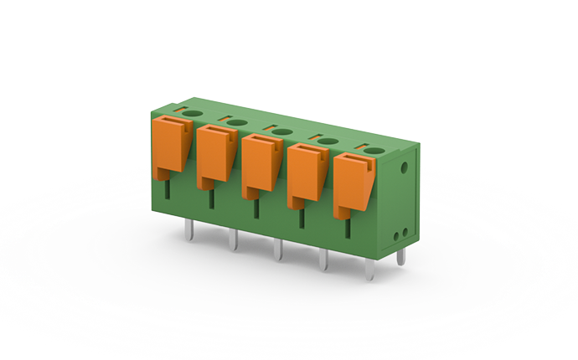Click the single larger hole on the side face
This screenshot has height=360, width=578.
tap(405, 167)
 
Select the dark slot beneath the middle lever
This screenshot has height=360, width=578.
tap(254, 208)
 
